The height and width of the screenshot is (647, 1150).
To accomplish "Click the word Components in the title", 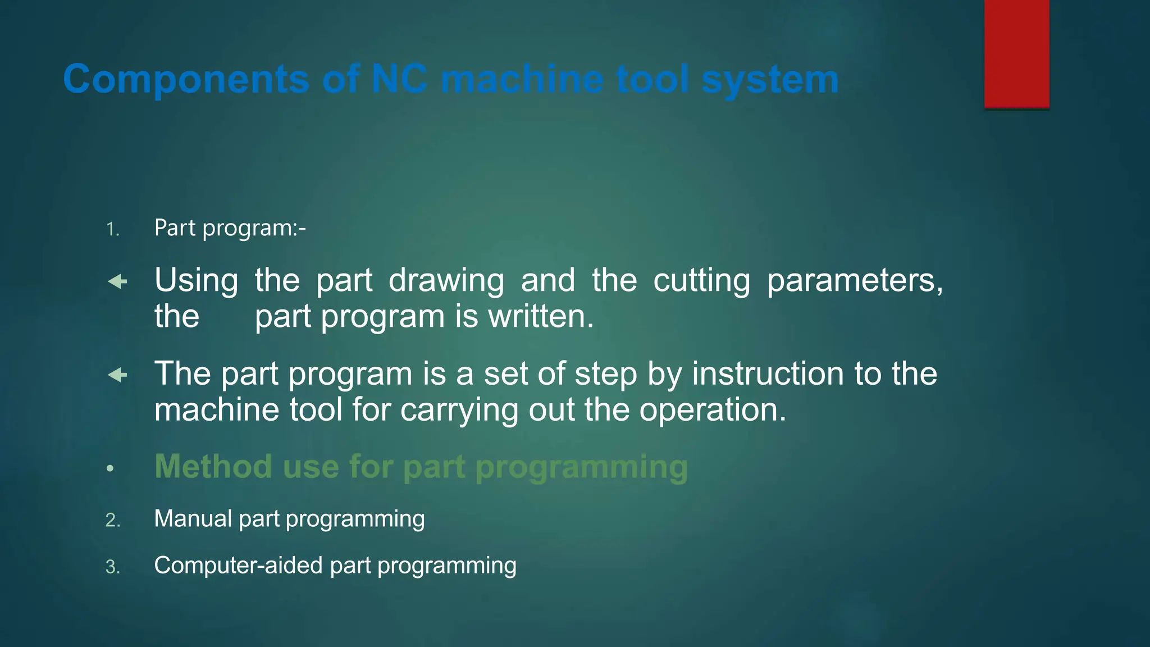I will pyautogui.click(x=185, y=79).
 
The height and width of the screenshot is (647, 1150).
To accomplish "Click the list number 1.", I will pyautogui.click(x=112, y=230).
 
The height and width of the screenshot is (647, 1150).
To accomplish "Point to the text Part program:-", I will pyautogui.click(x=230, y=228).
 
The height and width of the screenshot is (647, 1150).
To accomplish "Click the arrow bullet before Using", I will pyautogui.click(x=117, y=281).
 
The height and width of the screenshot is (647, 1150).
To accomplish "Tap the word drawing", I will pyautogui.click(x=446, y=281).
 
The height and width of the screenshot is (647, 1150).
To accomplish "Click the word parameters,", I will pyautogui.click(x=855, y=281).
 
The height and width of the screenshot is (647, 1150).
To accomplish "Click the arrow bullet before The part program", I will pyautogui.click(x=117, y=375).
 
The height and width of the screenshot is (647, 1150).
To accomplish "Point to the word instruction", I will pyautogui.click(x=767, y=374).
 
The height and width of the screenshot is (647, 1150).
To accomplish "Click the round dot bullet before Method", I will pyautogui.click(x=110, y=468).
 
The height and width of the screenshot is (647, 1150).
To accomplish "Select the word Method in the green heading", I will pyautogui.click(x=213, y=467).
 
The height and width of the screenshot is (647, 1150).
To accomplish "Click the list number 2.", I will pyautogui.click(x=112, y=520).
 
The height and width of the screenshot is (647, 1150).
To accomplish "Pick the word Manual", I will pyautogui.click(x=193, y=518).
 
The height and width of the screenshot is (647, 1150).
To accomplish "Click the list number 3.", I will pyautogui.click(x=112, y=567).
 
